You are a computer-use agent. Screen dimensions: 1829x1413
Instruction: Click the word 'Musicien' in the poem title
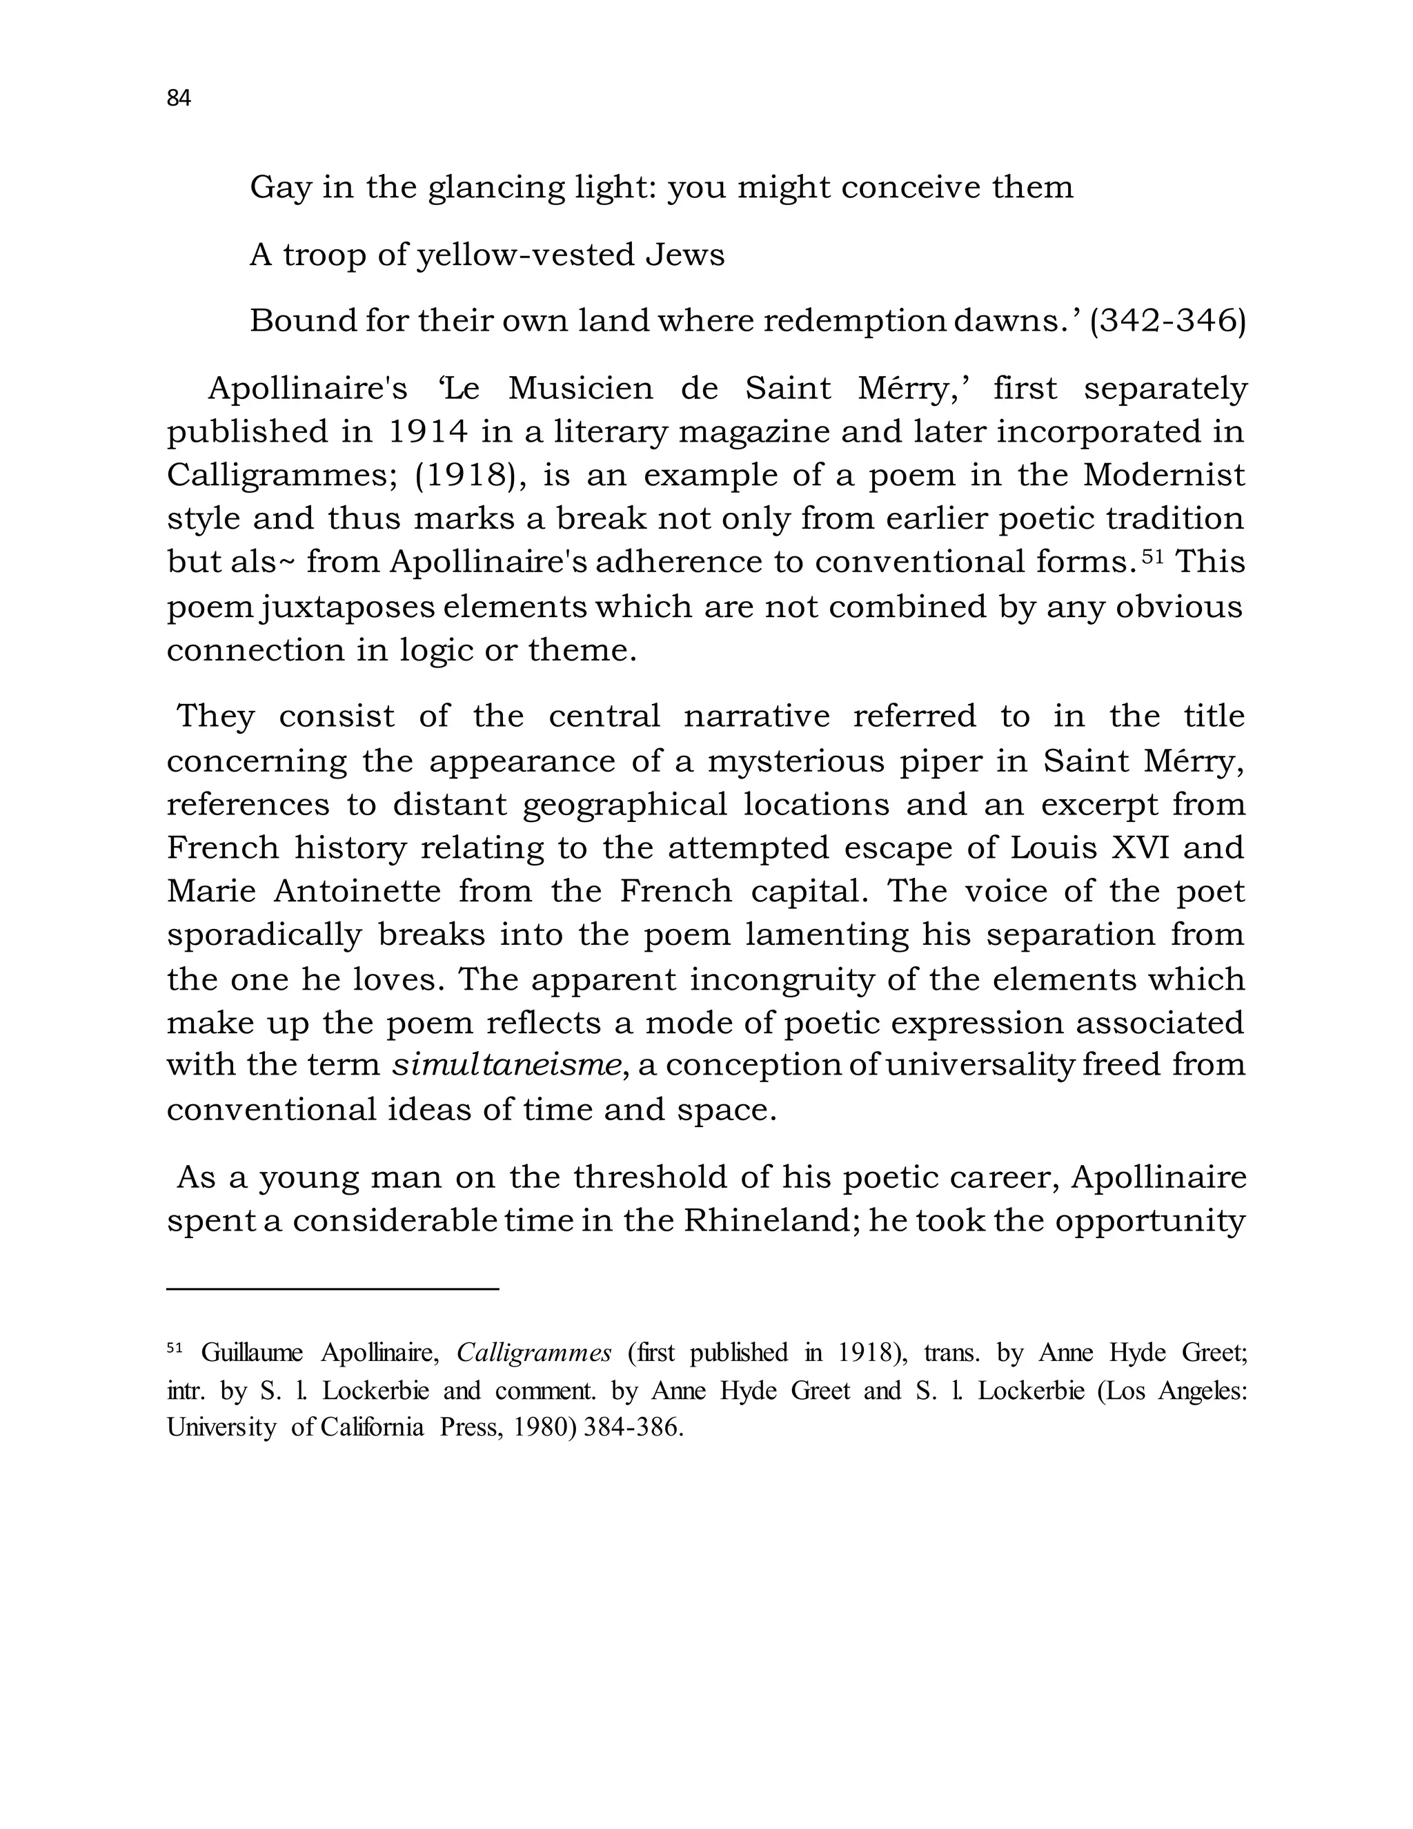(x=580, y=389)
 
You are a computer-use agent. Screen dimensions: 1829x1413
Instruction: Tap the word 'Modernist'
(x=1163, y=476)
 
